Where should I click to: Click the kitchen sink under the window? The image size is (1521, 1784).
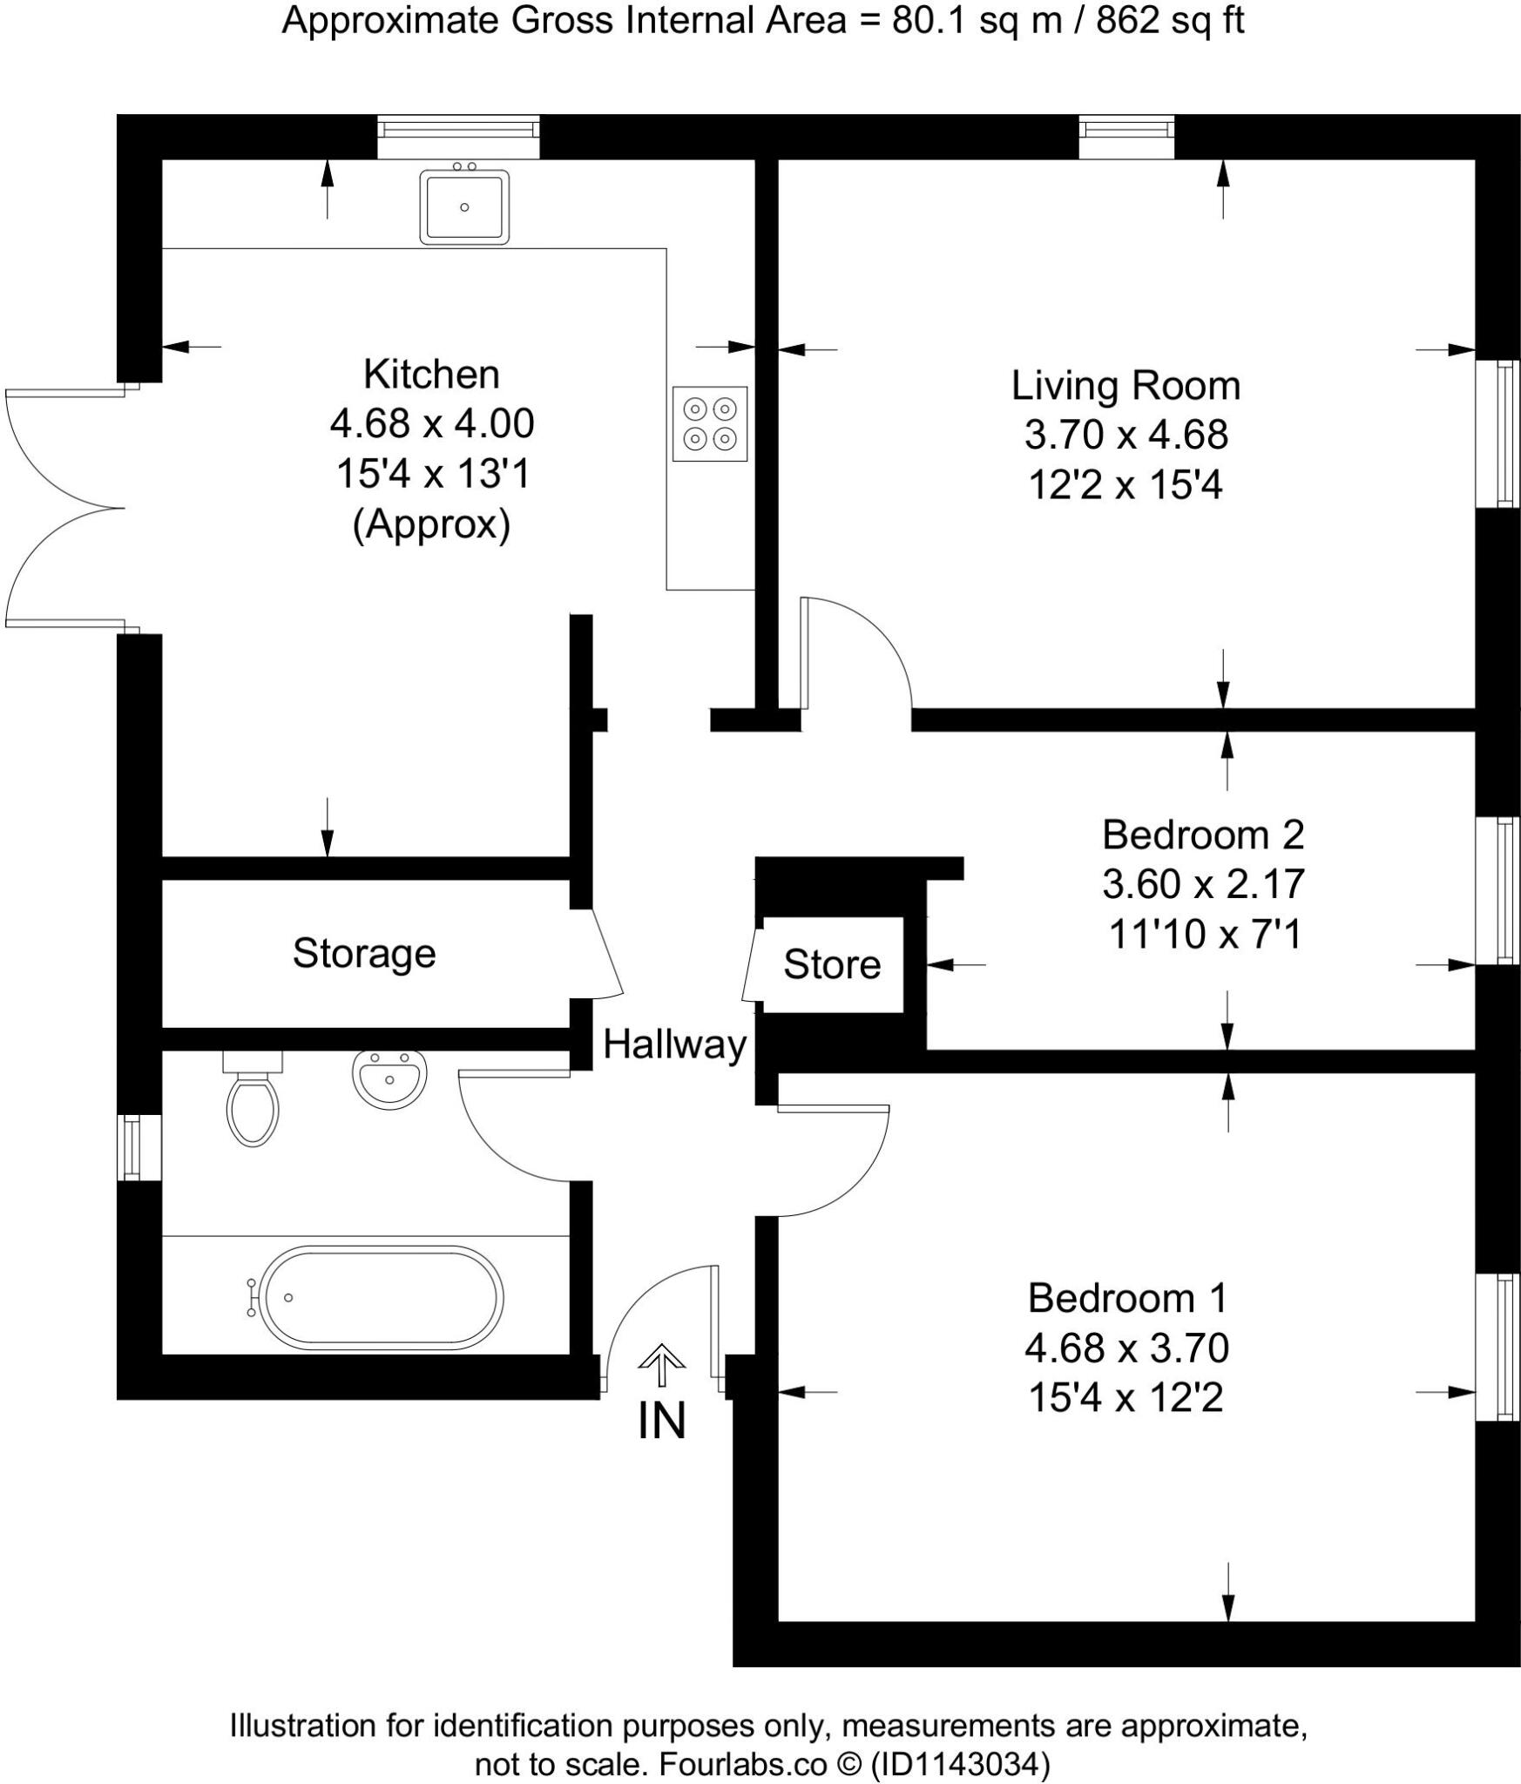(x=463, y=206)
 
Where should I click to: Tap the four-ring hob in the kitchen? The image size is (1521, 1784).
(x=709, y=423)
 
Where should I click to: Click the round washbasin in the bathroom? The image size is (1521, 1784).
(x=389, y=1077)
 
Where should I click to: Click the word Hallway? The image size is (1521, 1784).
(x=674, y=1044)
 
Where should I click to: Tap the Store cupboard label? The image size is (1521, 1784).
(x=831, y=964)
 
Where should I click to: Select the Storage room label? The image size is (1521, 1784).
(x=363, y=953)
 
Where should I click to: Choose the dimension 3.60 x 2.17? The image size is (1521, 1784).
(x=1203, y=884)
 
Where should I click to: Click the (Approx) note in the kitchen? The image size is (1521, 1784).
(x=431, y=524)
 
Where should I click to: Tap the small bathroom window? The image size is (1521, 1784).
(x=131, y=1146)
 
